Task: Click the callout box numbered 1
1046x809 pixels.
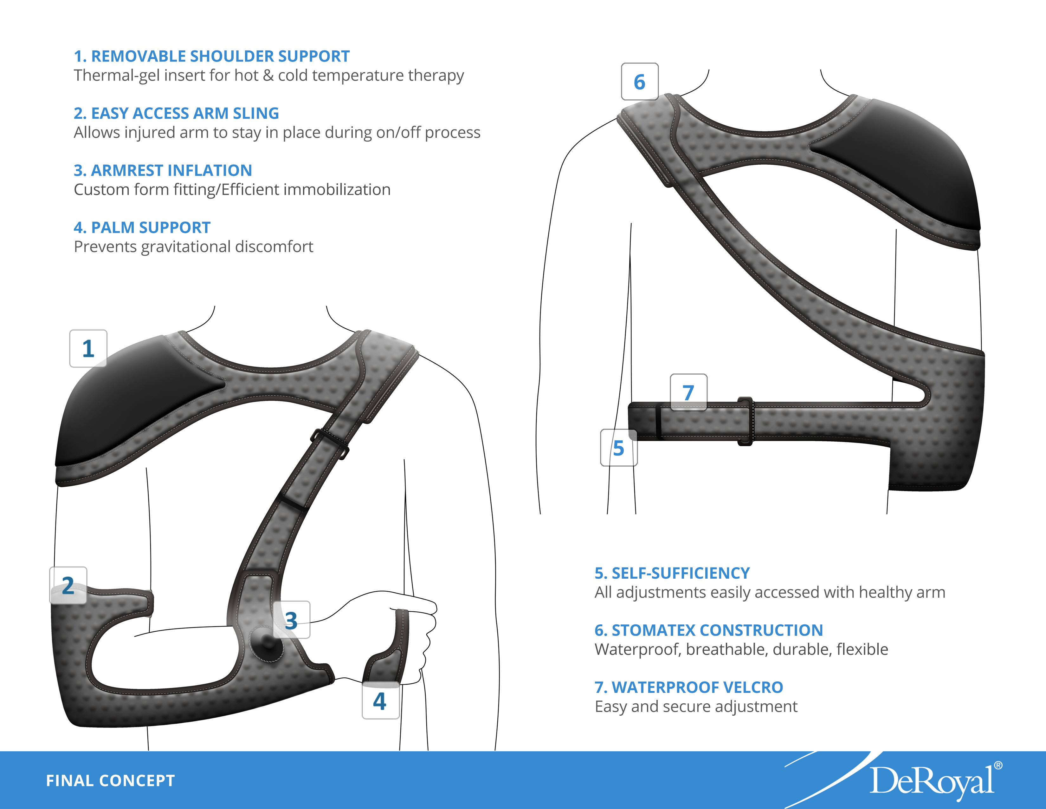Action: pos(88,348)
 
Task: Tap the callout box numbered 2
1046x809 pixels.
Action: pos(68,585)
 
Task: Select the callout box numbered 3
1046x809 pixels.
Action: pos(291,620)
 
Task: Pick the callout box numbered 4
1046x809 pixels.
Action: pos(380,701)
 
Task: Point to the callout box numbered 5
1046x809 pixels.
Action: pos(618,448)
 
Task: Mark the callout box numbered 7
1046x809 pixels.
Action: pos(688,392)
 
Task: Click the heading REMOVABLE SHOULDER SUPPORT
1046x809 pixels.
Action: pos(212,56)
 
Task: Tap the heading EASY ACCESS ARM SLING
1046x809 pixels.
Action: pos(176,113)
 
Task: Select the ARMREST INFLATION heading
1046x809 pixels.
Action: pos(163,170)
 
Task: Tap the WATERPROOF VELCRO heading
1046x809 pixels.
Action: pos(689,687)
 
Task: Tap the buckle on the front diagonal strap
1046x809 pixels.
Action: pos(330,443)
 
